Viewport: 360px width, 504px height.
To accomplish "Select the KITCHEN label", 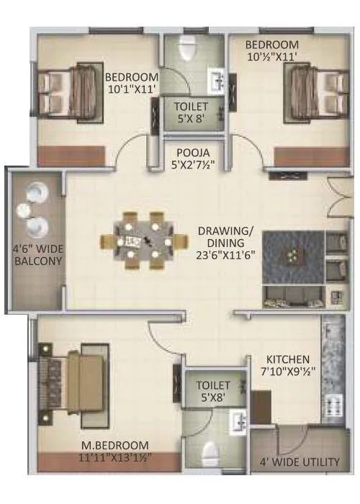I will [x=288, y=359].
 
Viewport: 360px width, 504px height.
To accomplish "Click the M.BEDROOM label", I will [x=115, y=445].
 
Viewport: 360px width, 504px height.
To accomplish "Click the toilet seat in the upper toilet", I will [x=186, y=50].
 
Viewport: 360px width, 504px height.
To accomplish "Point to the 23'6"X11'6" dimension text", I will [x=232, y=253].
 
